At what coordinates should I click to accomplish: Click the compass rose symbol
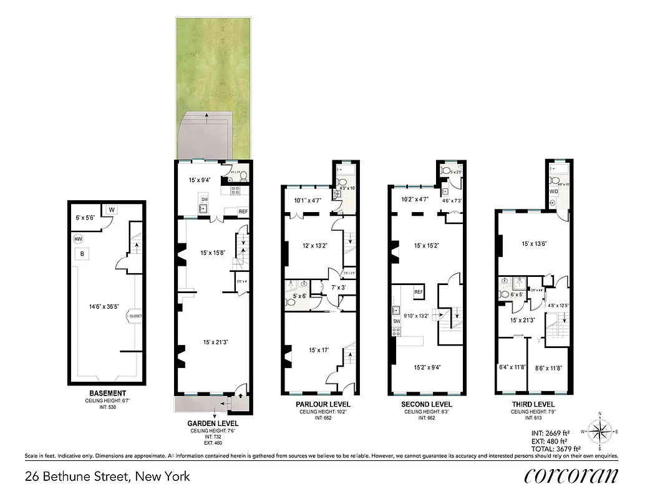pyautogui.click(x=599, y=430)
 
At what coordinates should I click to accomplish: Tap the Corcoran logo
pyautogui.click(x=571, y=475)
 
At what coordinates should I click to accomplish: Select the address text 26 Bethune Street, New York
pyautogui.click(x=107, y=477)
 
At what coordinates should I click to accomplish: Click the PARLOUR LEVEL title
pyautogui.click(x=323, y=404)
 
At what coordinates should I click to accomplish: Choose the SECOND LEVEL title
pyautogui.click(x=427, y=404)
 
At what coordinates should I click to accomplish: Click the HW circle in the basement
pyautogui.click(x=78, y=239)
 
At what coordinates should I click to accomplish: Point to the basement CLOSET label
pyautogui.click(x=135, y=316)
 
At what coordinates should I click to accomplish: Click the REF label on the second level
pyautogui.click(x=419, y=291)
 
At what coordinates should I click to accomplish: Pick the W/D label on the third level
pyautogui.click(x=554, y=191)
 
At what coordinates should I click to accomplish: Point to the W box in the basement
pyautogui.click(x=111, y=210)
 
